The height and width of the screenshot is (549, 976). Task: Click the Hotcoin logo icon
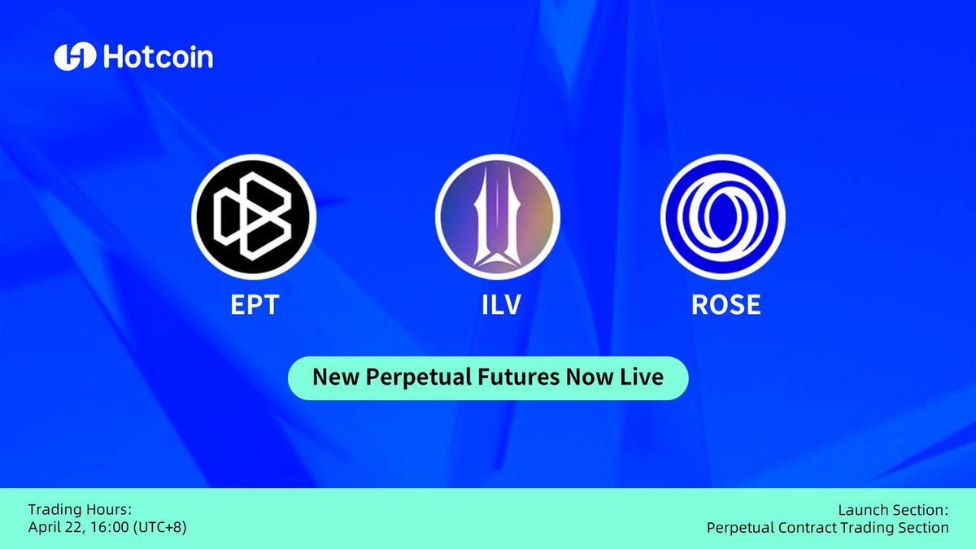point(75,57)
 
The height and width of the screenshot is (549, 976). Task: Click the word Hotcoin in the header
point(158,57)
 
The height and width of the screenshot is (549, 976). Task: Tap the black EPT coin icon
point(254,216)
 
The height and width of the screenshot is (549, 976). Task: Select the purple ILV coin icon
point(498,216)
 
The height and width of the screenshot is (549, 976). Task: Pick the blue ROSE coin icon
point(723,216)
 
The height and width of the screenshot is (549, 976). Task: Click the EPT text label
point(255,304)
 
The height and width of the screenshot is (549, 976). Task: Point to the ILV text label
point(501,304)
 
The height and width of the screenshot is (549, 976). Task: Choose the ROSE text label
point(725,304)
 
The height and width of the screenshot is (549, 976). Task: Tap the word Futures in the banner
point(519,377)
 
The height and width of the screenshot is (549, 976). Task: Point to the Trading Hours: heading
point(80,509)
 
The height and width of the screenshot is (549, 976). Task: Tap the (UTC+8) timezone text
point(160,528)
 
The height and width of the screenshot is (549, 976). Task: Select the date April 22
point(57,528)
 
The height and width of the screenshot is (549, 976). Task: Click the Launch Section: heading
point(893,510)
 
